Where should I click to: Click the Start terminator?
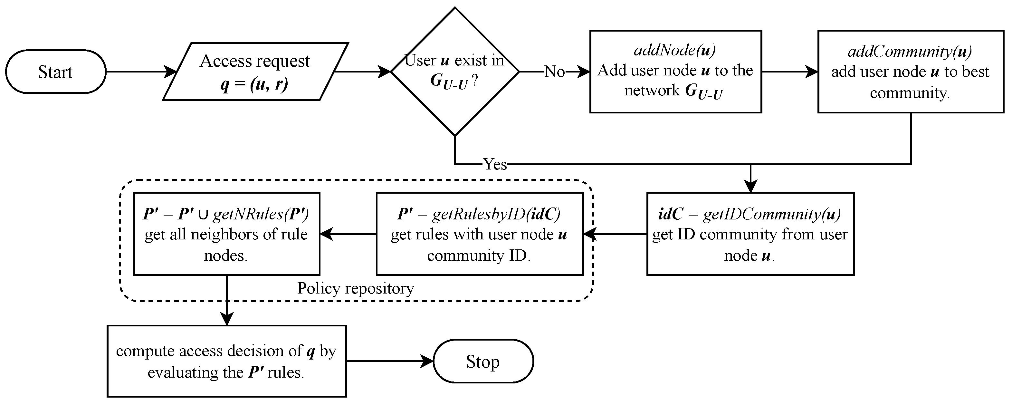(x=55, y=72)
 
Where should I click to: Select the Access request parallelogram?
(x=255, y=72)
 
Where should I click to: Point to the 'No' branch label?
(x=554, y=72)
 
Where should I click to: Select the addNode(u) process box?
(x=675, y=72)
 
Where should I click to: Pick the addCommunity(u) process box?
(x=911, y=72)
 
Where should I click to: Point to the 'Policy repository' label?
(x=356, y=289)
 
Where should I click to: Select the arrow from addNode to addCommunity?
(x=790, y=72)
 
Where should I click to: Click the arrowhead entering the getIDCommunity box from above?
(x=750, y=187)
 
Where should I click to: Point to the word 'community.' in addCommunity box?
(x=910, y=93)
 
